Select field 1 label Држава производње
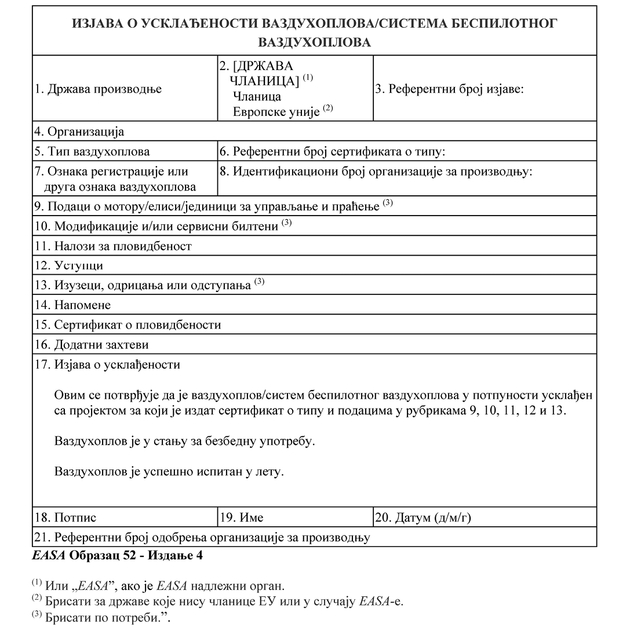tap(98, 89)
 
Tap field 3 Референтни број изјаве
tap(450, 89)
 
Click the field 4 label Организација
tap(79, 132)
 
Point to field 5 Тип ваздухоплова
tap(92, 152)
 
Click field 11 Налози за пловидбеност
tap(113, 246)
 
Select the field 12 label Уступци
tap(69, 265)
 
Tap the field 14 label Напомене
tap(72, 305)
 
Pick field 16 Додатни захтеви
tap(92, 345)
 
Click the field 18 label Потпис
tap(65, 518)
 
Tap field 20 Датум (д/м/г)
tap(423, 518)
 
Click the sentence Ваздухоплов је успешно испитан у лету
tap(169, 471)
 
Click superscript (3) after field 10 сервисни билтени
tap(286, 223)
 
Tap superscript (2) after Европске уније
tap(328, 108)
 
